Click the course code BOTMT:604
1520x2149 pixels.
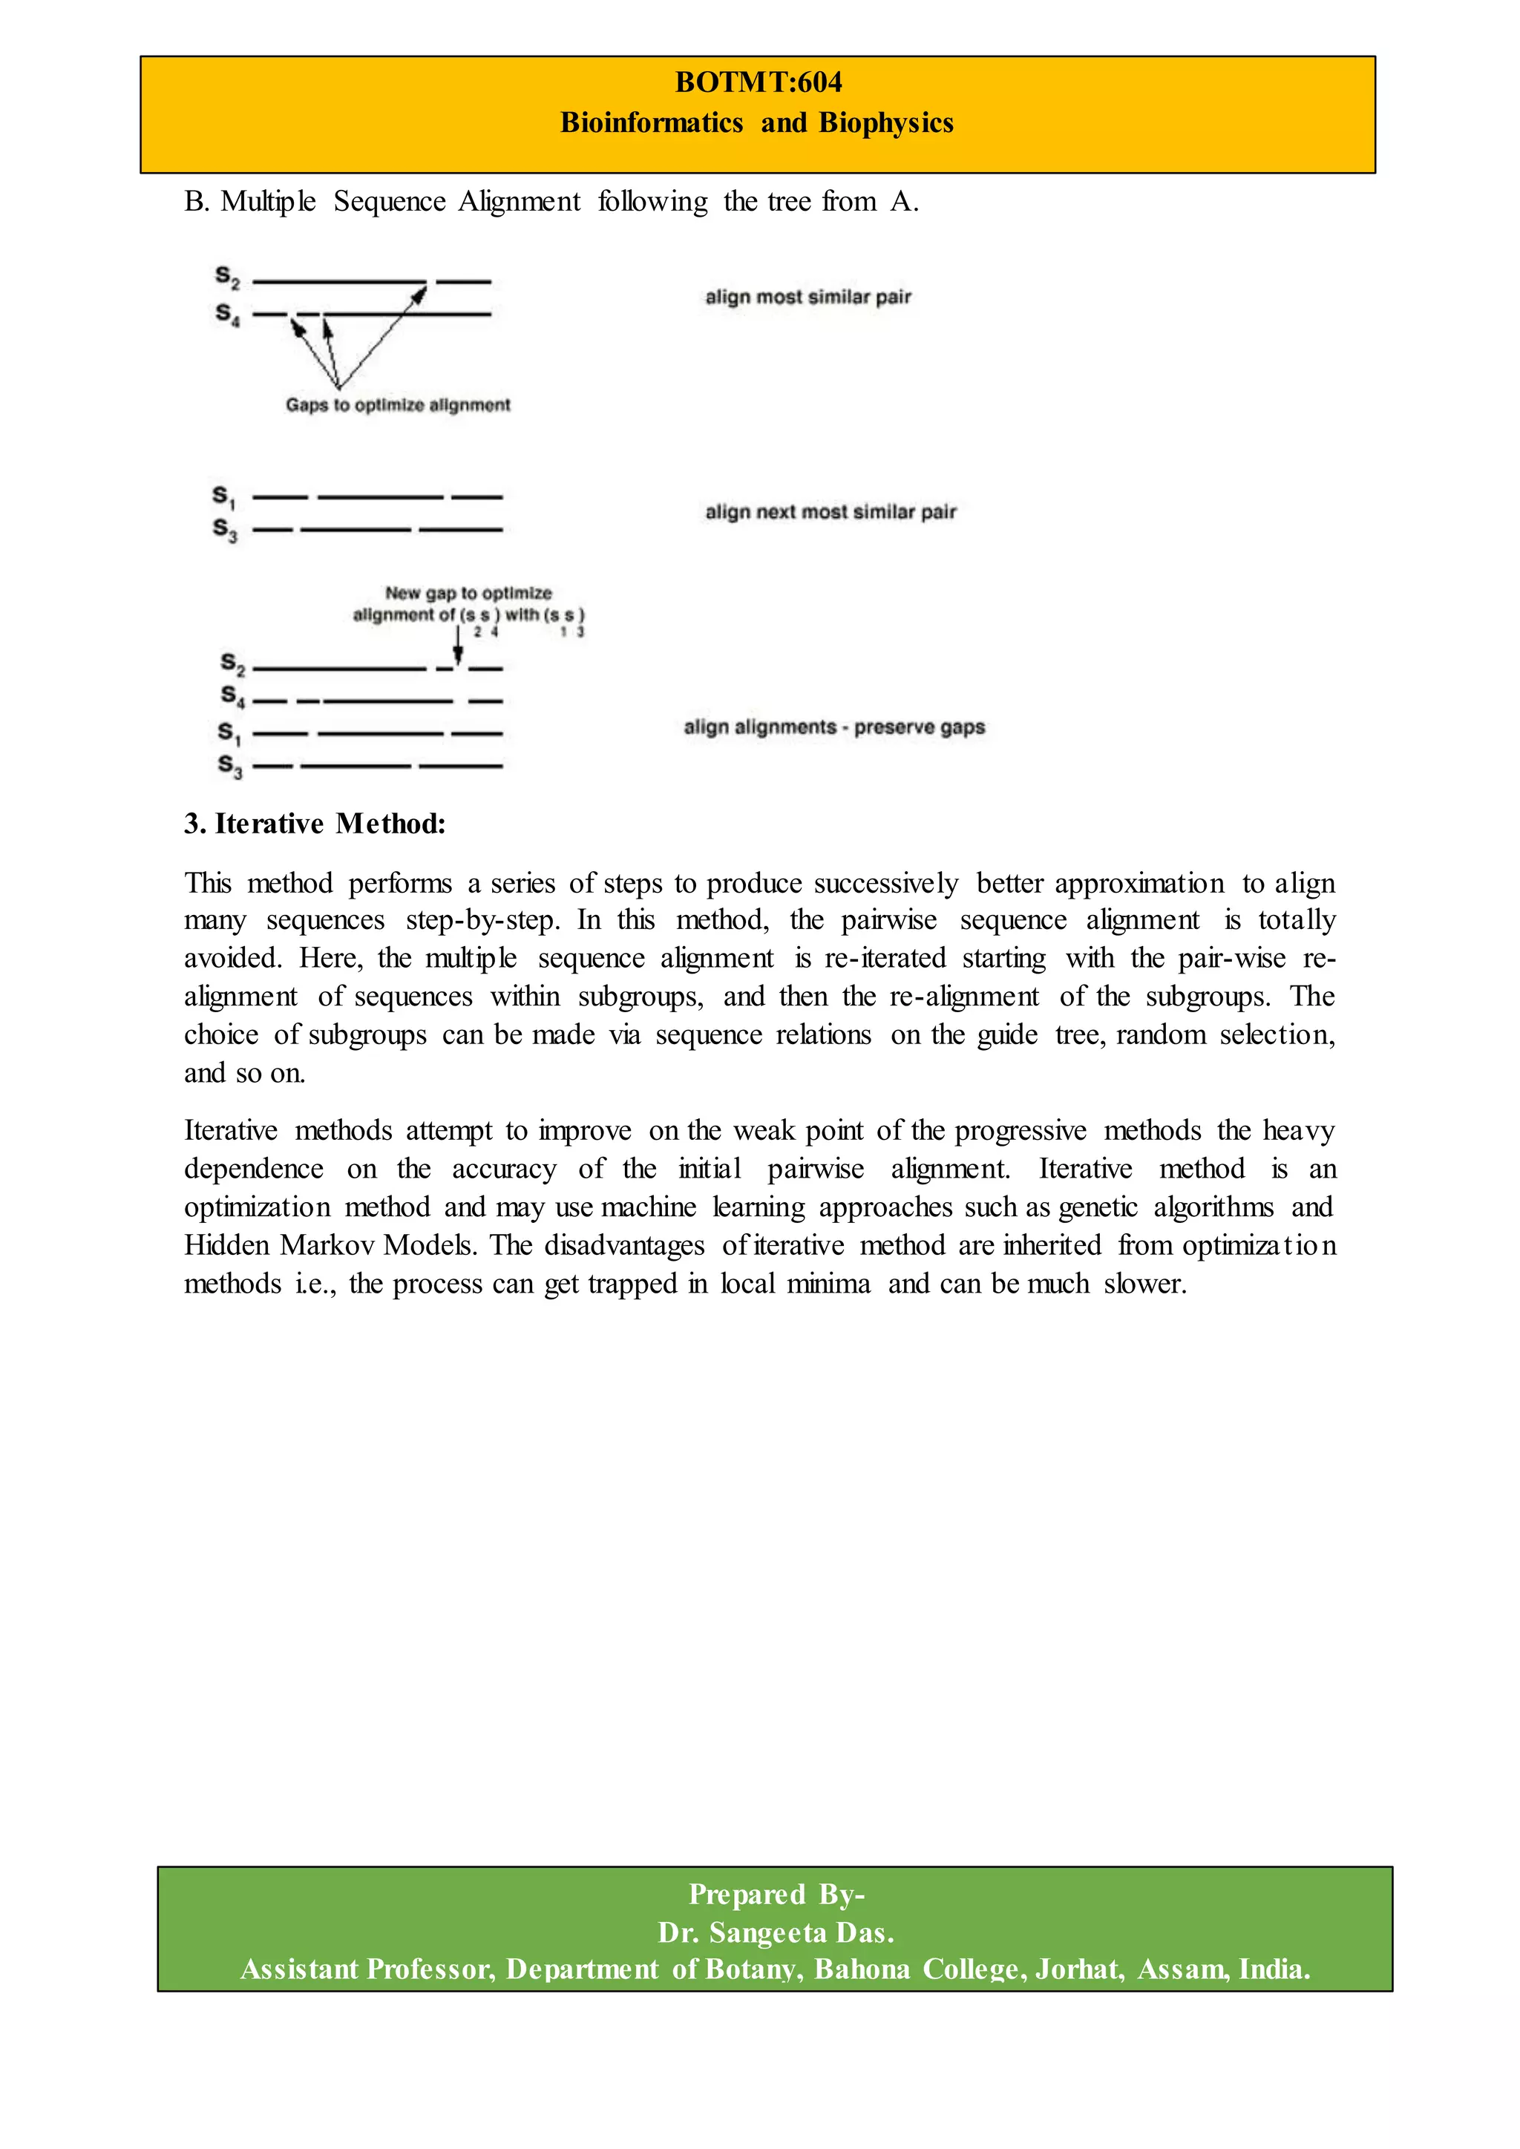(x=758, y=82)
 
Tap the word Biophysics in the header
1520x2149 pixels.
(x=885, y=122)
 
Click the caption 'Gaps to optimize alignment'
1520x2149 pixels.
(x=398, y=405)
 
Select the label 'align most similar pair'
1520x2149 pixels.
(x=807, y=297)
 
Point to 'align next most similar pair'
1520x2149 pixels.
(x=831, y=512)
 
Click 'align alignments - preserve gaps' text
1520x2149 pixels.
(x=834, y=727)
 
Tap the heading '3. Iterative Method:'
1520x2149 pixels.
(x=315, y=824)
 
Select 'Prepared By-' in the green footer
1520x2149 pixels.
(x=776, y=1894)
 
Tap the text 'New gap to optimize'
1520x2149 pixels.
(x=468, y=594)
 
